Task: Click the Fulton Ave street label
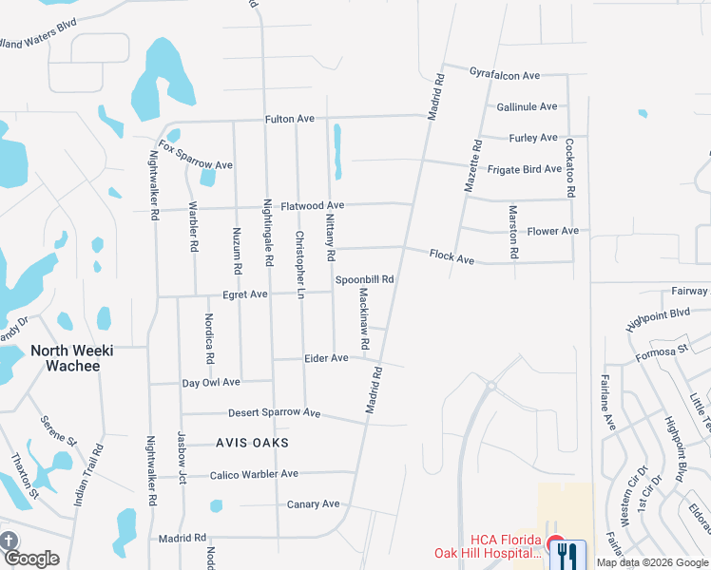pyautogui.click(x=289, y=119)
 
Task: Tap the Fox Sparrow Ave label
pyautogui.click(x=196, y=156)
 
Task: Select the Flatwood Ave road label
pyautogui.click(x=304, y=205)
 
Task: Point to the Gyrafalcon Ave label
pyautogui.click(x=505, y=75)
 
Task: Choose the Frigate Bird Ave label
pyautogui.click(x=525, y=169)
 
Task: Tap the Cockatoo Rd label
pyautogui.click(x=570, y=167)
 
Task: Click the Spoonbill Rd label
pyautogui.click(x=364, y=279)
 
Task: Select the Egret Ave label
pyautogui.click(x=245, y=294)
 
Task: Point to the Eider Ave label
pyautogui.click(x=326, y=358)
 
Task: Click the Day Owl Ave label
pyautogui.click(x=211, y=382)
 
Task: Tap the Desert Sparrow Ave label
pyautogui.click(x=275, y=413)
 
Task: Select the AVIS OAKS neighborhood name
pyautogui.click(x=251, y=443)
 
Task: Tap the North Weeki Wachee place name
pyautogui.click(x=72, y=358)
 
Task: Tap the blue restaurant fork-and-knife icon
pyautogui.click(x=567, y=552)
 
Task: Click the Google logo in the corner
pyautogui.click(x=31, y=558)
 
